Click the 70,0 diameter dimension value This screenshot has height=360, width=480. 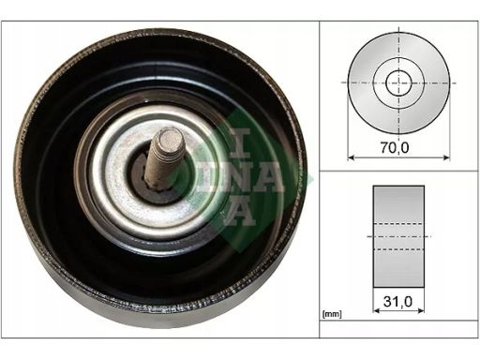pyautogui.click(x=395, y=147)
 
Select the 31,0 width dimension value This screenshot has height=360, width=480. pyautogui.click(x=397, y=301)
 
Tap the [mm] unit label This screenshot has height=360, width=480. pyautogui.click(x=332, y=314)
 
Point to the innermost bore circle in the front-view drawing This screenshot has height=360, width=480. pyautogui.click(x=398, y=82)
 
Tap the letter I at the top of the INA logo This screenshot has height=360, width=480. pyautogui.click(x=240, y=143)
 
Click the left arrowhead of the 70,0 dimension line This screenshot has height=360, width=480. pyautogui.click(x=351, y=157)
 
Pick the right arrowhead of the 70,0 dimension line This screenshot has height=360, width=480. pyautogui.click(x=447, y=157)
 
